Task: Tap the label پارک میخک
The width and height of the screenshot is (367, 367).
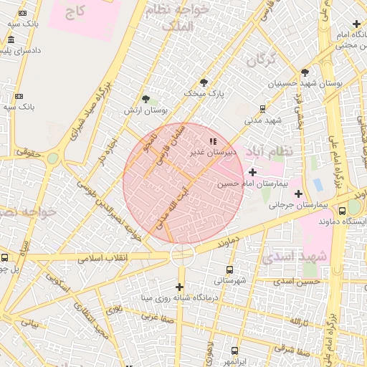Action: point(204,93)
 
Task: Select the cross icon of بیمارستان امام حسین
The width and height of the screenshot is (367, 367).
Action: point(252,172)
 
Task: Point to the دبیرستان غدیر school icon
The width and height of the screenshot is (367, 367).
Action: point(211,140)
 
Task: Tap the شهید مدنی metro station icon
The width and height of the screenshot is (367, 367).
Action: point(263,109)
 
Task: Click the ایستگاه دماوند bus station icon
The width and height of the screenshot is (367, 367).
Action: point(343,211)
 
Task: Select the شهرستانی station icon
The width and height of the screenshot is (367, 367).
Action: point(229,270)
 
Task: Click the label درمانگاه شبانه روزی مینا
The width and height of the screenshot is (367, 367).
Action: point(178,297)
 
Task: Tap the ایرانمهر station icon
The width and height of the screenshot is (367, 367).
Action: point(234,351)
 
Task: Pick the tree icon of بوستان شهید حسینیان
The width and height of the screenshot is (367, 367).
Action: point(305,72)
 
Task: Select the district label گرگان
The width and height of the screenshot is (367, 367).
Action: point(261,61)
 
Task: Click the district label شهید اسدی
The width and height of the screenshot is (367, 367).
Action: point(295,257)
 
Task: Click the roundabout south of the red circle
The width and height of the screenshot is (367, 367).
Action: point(182,254)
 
